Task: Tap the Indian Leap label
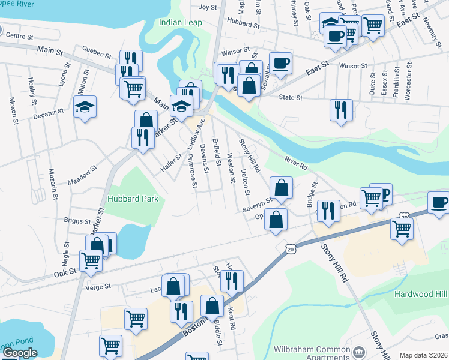[180, 23]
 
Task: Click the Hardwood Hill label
[421, 294]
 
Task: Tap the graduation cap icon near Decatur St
[85, 107]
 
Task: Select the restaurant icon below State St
[341, 110]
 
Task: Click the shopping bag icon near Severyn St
[281, 188]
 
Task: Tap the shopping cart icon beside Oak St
[90, 260]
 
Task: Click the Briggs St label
[76, 221]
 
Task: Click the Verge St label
[99, 287]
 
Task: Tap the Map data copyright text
[423, 355]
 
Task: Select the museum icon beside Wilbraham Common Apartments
[358, 351]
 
